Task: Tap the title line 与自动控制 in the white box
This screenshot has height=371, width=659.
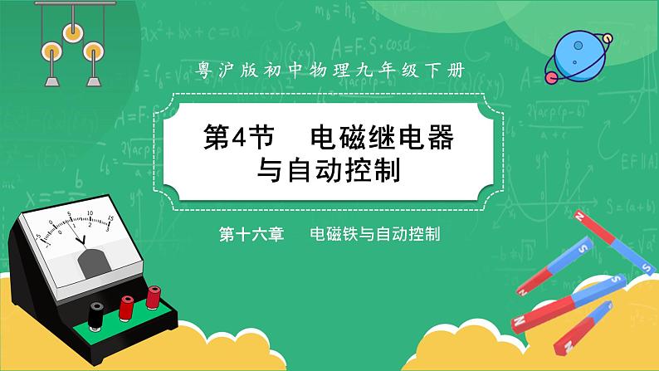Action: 329,172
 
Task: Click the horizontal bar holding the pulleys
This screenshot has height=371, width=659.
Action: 67,6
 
